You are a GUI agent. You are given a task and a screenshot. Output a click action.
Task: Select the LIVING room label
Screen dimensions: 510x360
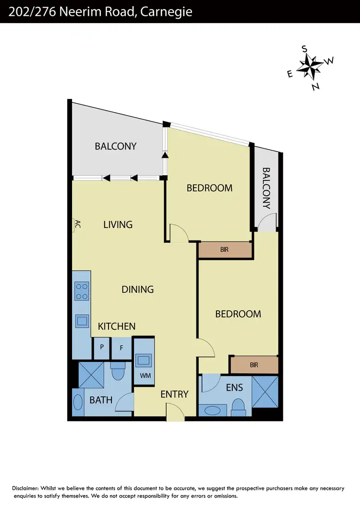118,224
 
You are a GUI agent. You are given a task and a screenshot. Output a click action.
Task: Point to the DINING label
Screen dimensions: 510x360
137,289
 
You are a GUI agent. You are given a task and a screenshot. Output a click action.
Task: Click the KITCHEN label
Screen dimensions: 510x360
117,326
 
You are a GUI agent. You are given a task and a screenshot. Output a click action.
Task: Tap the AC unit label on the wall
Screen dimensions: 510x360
77,224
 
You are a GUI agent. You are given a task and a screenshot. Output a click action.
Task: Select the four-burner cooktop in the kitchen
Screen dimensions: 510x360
81,291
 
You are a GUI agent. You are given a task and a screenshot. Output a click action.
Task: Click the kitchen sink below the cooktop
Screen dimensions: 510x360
82,320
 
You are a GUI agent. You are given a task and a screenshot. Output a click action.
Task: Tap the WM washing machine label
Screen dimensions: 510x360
145,376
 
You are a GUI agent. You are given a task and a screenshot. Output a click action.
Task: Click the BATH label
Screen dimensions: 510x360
101,400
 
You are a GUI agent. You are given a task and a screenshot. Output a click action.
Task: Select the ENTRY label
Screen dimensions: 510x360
174,394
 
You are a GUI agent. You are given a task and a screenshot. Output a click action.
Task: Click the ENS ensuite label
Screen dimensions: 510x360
234,388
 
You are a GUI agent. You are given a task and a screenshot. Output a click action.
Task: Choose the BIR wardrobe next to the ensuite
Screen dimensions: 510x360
254,365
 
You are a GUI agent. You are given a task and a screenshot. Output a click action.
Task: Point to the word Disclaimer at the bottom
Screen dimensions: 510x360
29,488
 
